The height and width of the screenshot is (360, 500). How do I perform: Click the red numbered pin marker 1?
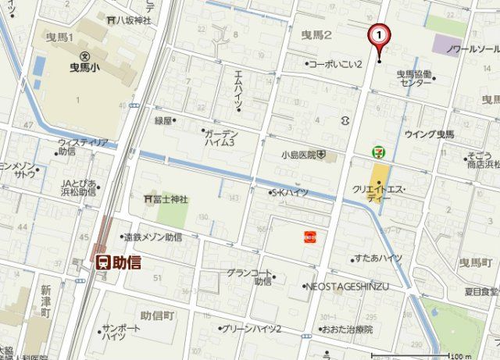click(379, 35)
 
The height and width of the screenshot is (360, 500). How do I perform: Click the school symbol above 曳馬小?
click(84, 55)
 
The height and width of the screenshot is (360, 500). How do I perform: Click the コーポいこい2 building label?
click(337, 64)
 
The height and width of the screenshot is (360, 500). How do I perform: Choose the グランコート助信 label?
click(249, 277)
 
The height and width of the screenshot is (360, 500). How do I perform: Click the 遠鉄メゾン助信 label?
click(153, 237)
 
